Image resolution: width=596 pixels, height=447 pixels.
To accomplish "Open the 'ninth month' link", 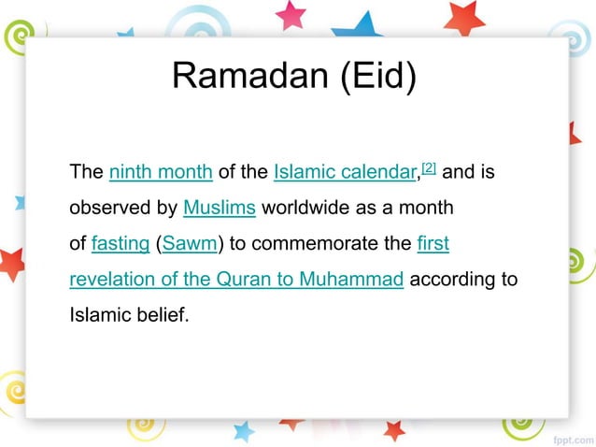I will [161, 173].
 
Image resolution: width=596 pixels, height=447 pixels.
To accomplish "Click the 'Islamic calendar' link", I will [344, 173].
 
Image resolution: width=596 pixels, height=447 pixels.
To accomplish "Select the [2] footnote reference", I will [429, 168].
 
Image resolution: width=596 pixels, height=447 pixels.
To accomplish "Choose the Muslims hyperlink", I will [220, 208].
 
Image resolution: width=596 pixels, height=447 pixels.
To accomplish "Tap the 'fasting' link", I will [121, 244].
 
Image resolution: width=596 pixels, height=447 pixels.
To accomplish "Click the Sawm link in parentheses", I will [190, 244].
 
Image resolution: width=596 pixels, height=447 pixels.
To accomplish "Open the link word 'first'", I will [433, 244].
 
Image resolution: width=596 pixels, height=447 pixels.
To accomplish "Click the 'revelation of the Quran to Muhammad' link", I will [236, 279].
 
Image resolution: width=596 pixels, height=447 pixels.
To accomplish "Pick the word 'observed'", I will [105, 208].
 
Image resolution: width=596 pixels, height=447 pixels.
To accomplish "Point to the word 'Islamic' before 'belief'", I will [97, 314].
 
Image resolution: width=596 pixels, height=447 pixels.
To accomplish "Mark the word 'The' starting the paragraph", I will [86, 173].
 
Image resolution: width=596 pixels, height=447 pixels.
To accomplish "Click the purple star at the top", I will [291, 13].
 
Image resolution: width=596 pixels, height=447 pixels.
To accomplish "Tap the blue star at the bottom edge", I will [243, 431].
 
